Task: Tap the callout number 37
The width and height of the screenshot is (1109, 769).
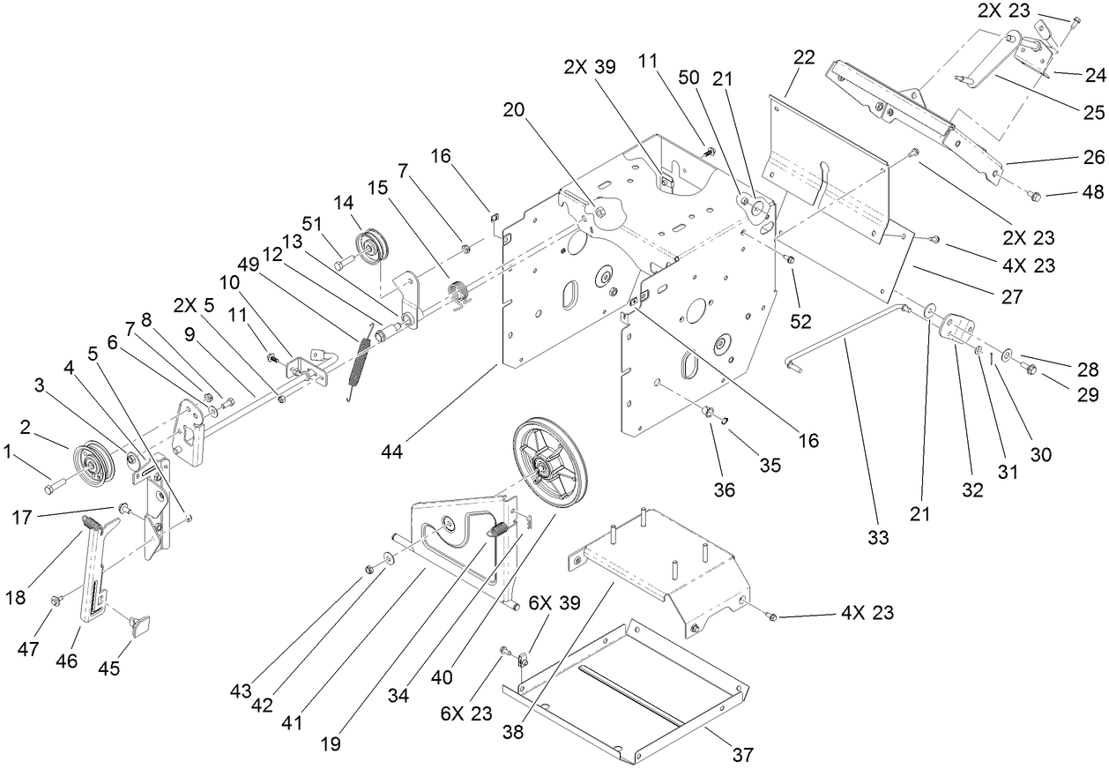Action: click(742, 754)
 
